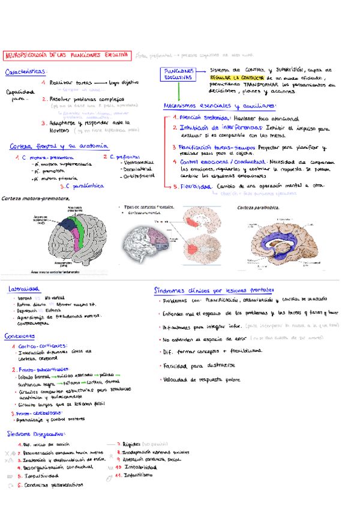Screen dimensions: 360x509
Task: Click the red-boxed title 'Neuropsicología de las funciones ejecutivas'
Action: pyautogui.click(x=67, y=55)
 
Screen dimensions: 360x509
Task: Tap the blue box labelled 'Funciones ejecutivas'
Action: pyautogui.click(x=179, y=74)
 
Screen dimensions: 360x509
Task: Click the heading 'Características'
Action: pyautogui.click(x=26, y=72)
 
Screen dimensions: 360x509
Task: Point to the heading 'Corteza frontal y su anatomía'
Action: pyautogui.click(x=59, y=146)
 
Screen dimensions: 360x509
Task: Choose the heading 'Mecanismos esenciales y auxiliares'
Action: pyautogui.click(x=220, y=106)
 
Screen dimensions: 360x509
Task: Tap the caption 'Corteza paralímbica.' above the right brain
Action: pyautogui.click(x=258, y=207)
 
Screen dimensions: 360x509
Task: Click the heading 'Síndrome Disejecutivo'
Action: pyautogui.click(x=37, y=433)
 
